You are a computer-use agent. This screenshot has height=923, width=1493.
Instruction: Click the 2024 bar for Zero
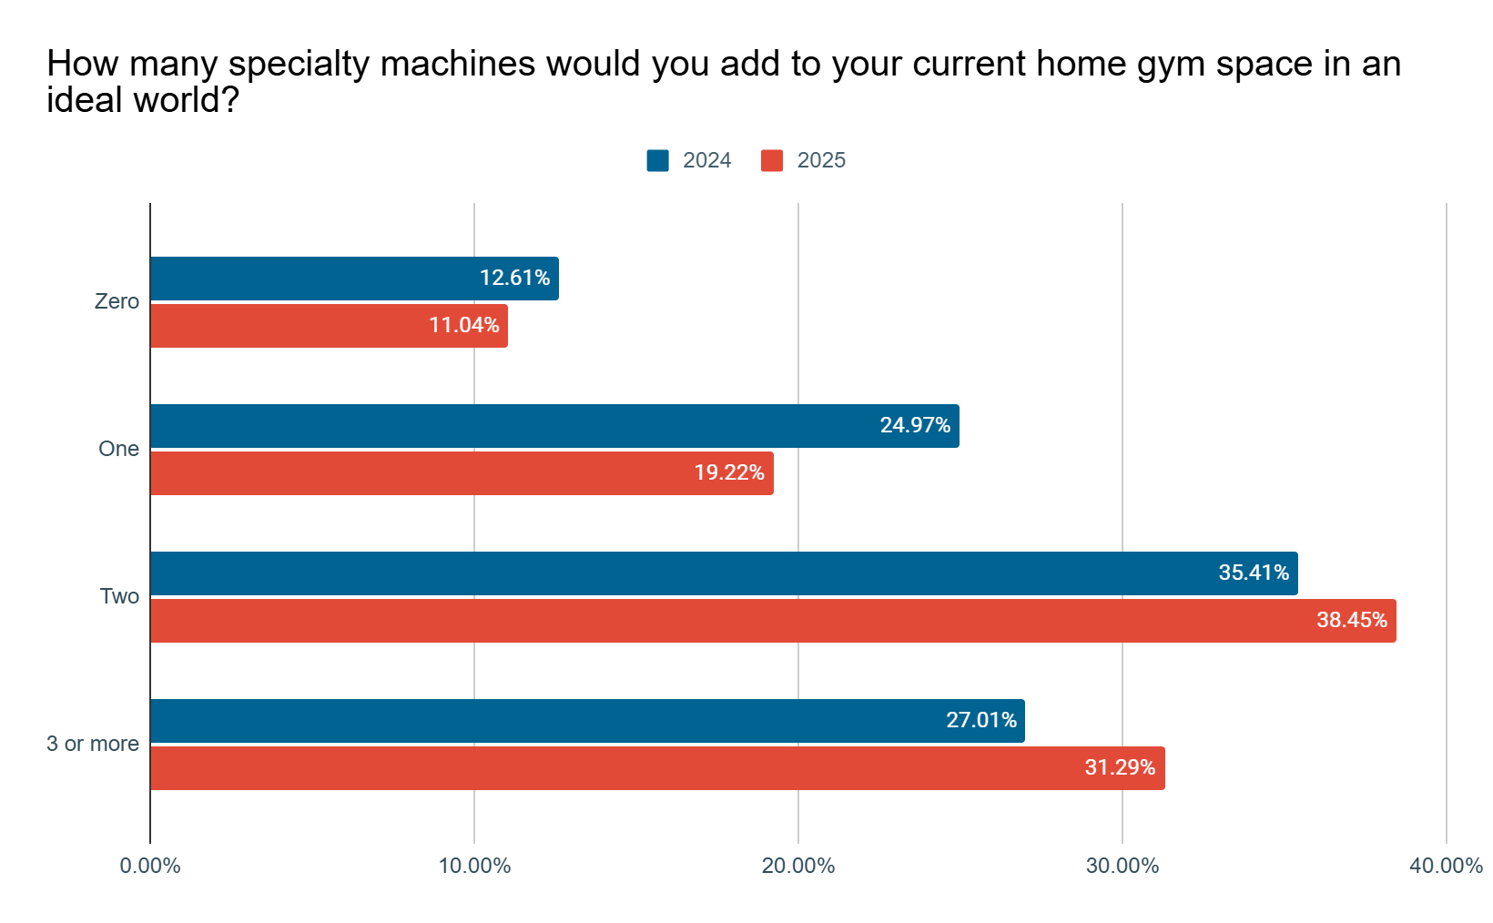click(x=354, y=279)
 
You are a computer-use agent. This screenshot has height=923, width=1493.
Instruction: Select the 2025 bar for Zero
click(x=329, y=326)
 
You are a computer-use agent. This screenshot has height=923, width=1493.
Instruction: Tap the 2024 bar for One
click(x=554, y=426)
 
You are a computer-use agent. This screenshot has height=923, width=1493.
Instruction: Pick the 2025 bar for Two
click(x=773, y=621)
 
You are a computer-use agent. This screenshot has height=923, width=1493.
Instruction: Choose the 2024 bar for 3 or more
click(x=587, y=721)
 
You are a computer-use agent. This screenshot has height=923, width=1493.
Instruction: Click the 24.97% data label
click(x=915, y=425)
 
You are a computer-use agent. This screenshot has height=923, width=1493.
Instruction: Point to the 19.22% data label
click(x=729, y=472)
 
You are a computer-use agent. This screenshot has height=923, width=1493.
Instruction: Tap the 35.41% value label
click(x=1254, y=573)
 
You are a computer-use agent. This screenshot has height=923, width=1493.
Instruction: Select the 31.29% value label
click(x=1120, y=767)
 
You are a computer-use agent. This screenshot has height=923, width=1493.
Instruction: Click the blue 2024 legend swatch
click(x=658, y=160)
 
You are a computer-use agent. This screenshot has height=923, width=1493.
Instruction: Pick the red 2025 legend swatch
click(x=772, y=160)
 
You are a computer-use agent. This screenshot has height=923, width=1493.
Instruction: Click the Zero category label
click(x=117, y=301)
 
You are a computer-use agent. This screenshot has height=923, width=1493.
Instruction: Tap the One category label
click(x=118, y=449)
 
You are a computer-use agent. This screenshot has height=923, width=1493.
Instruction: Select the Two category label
click(x=119, y=596)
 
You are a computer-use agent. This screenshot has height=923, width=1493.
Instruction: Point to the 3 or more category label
click(x=93, y=744)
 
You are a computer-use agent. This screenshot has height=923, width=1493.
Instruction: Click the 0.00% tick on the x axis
click(x=150, y=866)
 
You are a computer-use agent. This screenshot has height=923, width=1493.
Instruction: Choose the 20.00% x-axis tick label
click(x=798, y=866)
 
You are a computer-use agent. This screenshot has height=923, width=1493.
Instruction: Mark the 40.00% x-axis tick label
click(x=1446, y=866)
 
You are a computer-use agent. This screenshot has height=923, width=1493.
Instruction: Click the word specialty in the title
click(x=299, y=65)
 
